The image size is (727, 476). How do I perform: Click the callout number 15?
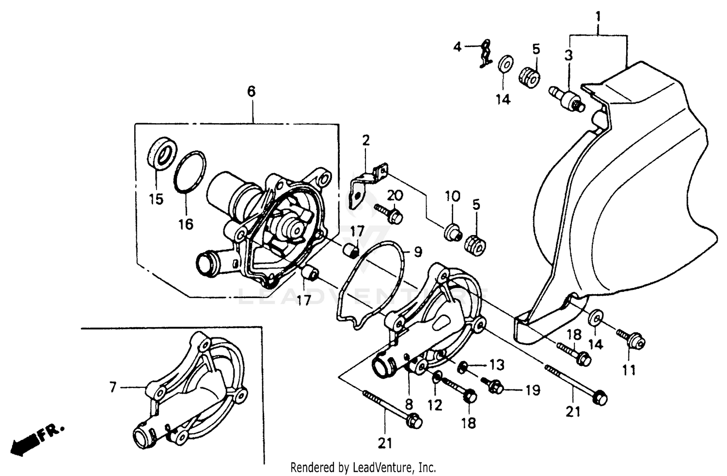(156, 199)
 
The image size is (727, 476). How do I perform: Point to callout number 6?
(251, 91)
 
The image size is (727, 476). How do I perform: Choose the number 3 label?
(568, 55)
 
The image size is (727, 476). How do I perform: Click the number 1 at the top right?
(598, 17)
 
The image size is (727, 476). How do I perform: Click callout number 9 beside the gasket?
(417, 252)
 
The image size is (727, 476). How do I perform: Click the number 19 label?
(533, 390)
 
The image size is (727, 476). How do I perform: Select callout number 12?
(435, 405)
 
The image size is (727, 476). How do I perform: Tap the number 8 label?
(409, 404)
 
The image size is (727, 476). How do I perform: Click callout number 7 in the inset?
(112, 387)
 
